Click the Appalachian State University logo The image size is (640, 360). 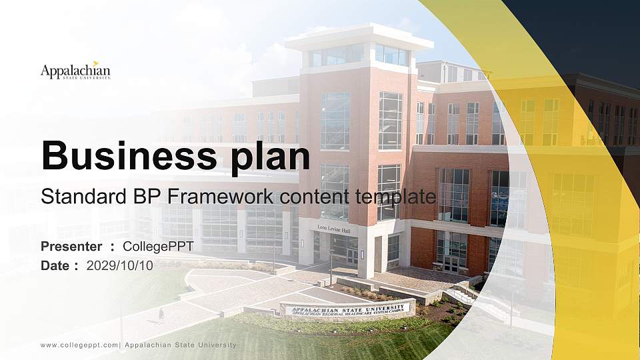[x=75, y=71]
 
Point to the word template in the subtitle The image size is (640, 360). [x=392, y=197]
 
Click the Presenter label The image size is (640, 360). [x=71, y=247]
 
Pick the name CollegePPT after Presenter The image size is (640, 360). [x=159, y=247]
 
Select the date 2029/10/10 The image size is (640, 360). [x=120, y=265]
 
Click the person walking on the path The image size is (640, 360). [x=161, y=314]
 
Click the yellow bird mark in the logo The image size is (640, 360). [x=96, y=63]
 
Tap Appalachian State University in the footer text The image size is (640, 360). [x=181, y=345]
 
